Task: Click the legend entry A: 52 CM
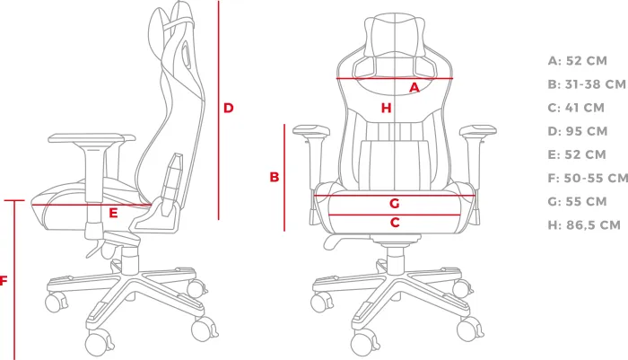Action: point(578,61)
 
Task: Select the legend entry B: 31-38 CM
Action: point(587,84)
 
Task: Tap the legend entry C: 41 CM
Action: point(576,108)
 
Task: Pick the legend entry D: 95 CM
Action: point(578,131)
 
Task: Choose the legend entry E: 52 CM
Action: point(577,154)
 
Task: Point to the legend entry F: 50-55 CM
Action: point(588,178)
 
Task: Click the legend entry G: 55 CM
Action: point(577,201)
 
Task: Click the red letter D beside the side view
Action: point(228,108)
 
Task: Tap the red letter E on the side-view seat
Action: point(113,213)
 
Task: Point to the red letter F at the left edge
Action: point(4,281)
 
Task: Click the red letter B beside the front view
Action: point(275,177)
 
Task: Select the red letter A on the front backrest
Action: point(414,87)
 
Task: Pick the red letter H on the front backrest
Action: point(386,108)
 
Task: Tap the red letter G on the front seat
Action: point(395,203)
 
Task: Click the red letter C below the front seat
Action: point(395,222)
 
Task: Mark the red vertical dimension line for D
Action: point(219,110)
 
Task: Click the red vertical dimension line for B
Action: point(284,178)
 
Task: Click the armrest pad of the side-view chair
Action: point(92,138)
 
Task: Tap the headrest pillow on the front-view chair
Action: point(395,35)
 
